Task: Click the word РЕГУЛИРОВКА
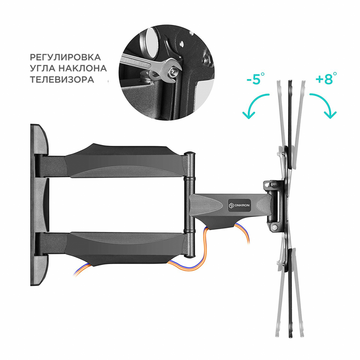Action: (x=65, y=57)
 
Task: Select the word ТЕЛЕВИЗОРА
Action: (x=62, y=79)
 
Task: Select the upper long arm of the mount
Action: (x=116, y=160)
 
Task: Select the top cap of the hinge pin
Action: (x=190, y=154)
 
